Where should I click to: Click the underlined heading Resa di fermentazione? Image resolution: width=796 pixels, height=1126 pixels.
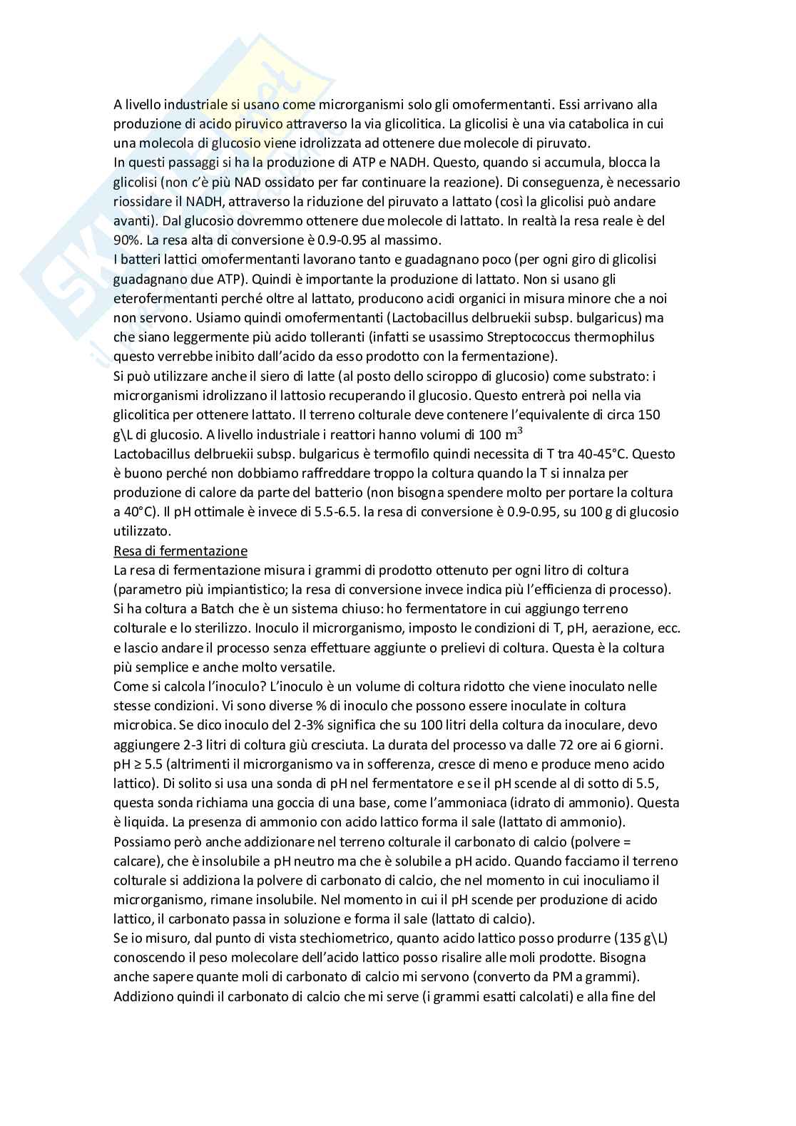180,551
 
